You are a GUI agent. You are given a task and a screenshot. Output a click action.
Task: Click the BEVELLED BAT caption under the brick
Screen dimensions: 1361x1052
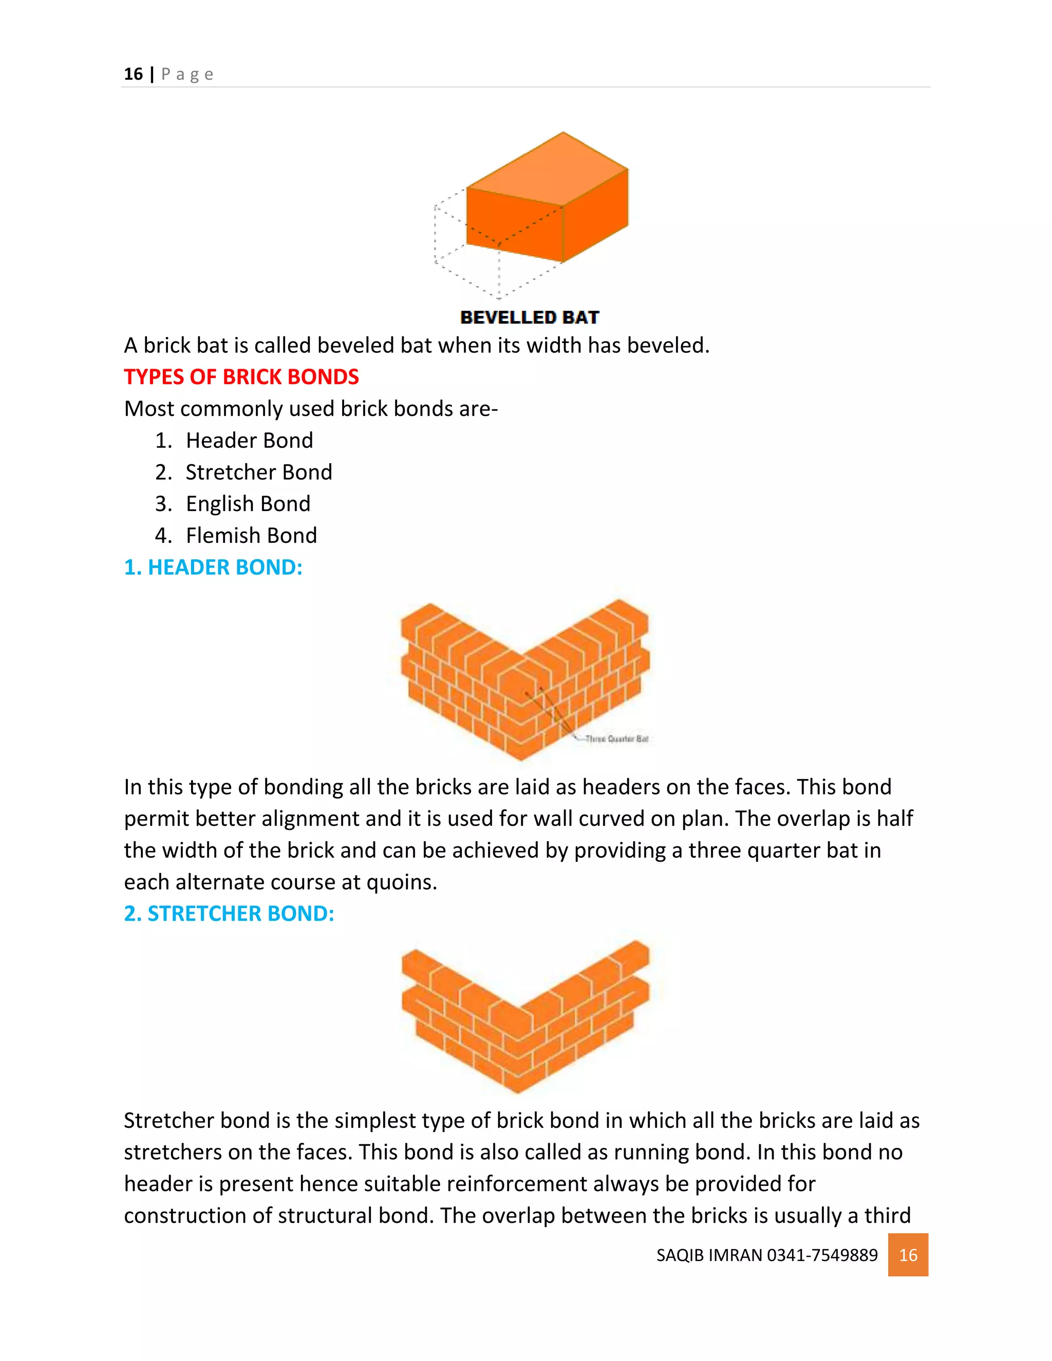[x=529, y=317]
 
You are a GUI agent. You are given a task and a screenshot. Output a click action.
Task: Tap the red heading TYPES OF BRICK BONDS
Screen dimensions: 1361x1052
[x=241, y=377]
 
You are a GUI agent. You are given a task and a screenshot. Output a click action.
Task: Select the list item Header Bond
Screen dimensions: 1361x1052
[x=249, y=441]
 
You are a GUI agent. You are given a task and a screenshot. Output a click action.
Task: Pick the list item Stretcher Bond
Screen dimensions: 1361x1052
[x=259, y=472]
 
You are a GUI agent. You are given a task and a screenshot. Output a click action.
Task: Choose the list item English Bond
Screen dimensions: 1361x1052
[x=248, y=503]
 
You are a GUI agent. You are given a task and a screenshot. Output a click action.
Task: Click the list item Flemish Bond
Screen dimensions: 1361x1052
[x=251, y=535]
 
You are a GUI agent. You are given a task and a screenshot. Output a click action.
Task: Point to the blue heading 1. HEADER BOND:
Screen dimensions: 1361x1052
[x=213, y=567]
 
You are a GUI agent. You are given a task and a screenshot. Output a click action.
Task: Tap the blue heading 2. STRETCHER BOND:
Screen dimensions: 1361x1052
[x=229, y=914]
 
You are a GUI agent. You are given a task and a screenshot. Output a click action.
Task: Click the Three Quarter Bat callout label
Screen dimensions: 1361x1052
[x=617, y=739]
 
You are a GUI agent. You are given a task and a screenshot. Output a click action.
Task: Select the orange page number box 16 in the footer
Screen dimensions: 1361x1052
[x=908, y=1255]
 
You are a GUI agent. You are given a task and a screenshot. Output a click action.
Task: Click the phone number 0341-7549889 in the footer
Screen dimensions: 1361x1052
[x=822, y=1255]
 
